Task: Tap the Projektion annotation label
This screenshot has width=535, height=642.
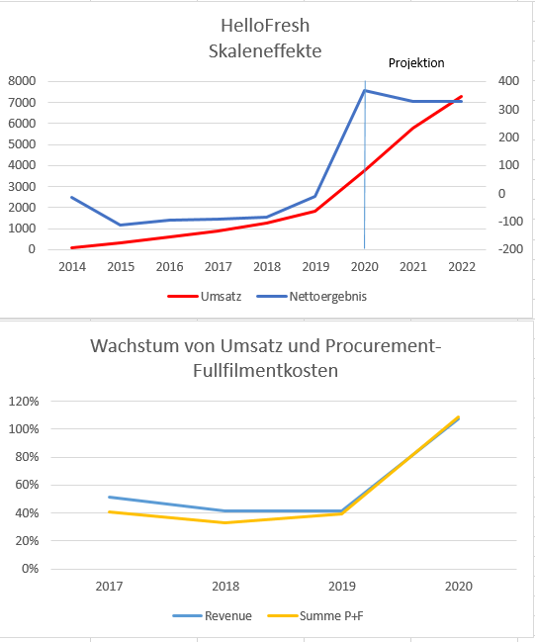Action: click(415, 63)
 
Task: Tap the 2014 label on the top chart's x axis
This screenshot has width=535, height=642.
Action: click(71, 267)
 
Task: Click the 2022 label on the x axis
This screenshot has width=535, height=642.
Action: click(461, 267)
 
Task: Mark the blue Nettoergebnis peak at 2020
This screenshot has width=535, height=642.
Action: click(365, 90)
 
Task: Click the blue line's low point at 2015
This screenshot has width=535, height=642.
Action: click(120, 226)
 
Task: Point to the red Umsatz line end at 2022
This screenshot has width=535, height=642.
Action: click(461, 97)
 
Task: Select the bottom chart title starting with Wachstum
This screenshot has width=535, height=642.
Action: click(265, 358)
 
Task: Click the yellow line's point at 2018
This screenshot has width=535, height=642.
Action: click(226, 522)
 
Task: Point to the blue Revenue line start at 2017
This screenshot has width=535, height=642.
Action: click(110, 497)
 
